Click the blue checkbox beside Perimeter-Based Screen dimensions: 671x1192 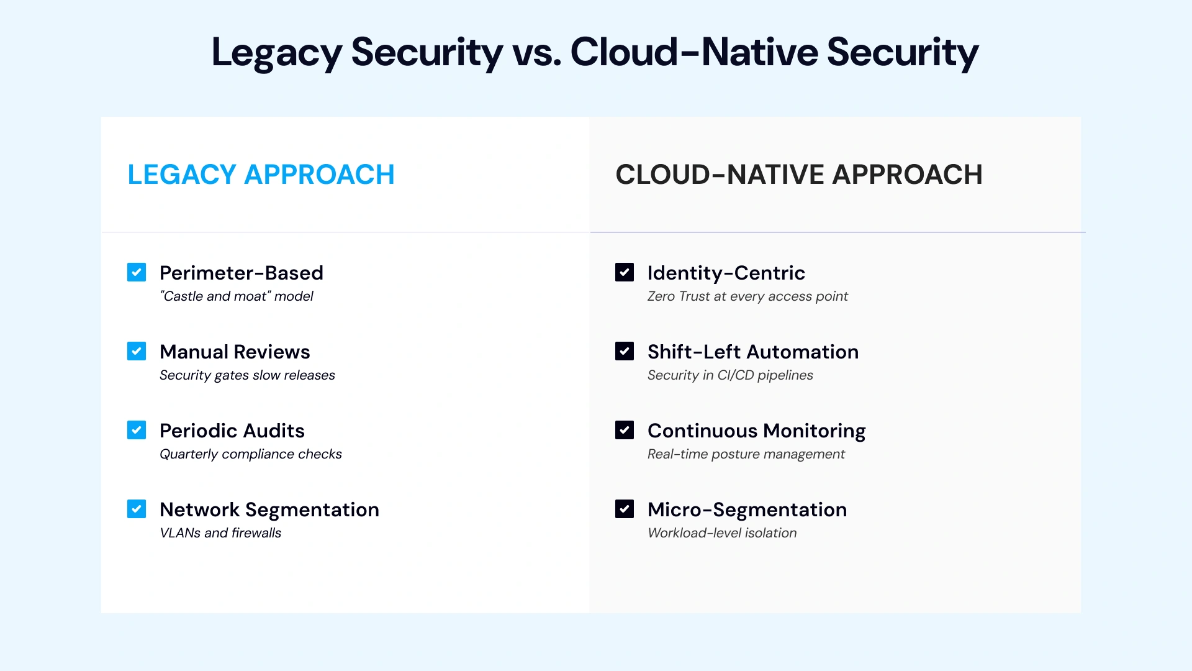click(137, 272)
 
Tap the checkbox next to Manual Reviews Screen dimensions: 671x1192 click(137, 351)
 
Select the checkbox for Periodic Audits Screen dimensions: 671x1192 click(137, 430)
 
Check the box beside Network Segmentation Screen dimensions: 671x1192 click(137, 509)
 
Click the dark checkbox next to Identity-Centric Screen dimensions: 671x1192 click(625, 272)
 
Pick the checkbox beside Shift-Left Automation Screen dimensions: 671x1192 click(625, 351)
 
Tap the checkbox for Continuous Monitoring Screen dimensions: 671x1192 click(625, 430)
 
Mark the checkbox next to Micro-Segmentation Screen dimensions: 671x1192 click(625, 509)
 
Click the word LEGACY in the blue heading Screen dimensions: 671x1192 click(182, 175)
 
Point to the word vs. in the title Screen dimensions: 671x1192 click(536, 52)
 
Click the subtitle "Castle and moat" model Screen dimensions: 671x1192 click(237, 296)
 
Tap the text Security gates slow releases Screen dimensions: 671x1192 click(247, 375)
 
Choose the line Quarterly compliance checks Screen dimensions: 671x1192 click(251, 454)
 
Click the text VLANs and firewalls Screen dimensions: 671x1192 click(220, 533)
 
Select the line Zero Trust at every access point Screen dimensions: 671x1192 click(747, 296)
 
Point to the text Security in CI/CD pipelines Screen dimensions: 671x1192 click(730, 375)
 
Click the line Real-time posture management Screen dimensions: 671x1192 click(746, 454)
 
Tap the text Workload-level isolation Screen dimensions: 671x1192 click(722, 533)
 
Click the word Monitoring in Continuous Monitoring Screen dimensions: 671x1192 click(814, 431)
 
